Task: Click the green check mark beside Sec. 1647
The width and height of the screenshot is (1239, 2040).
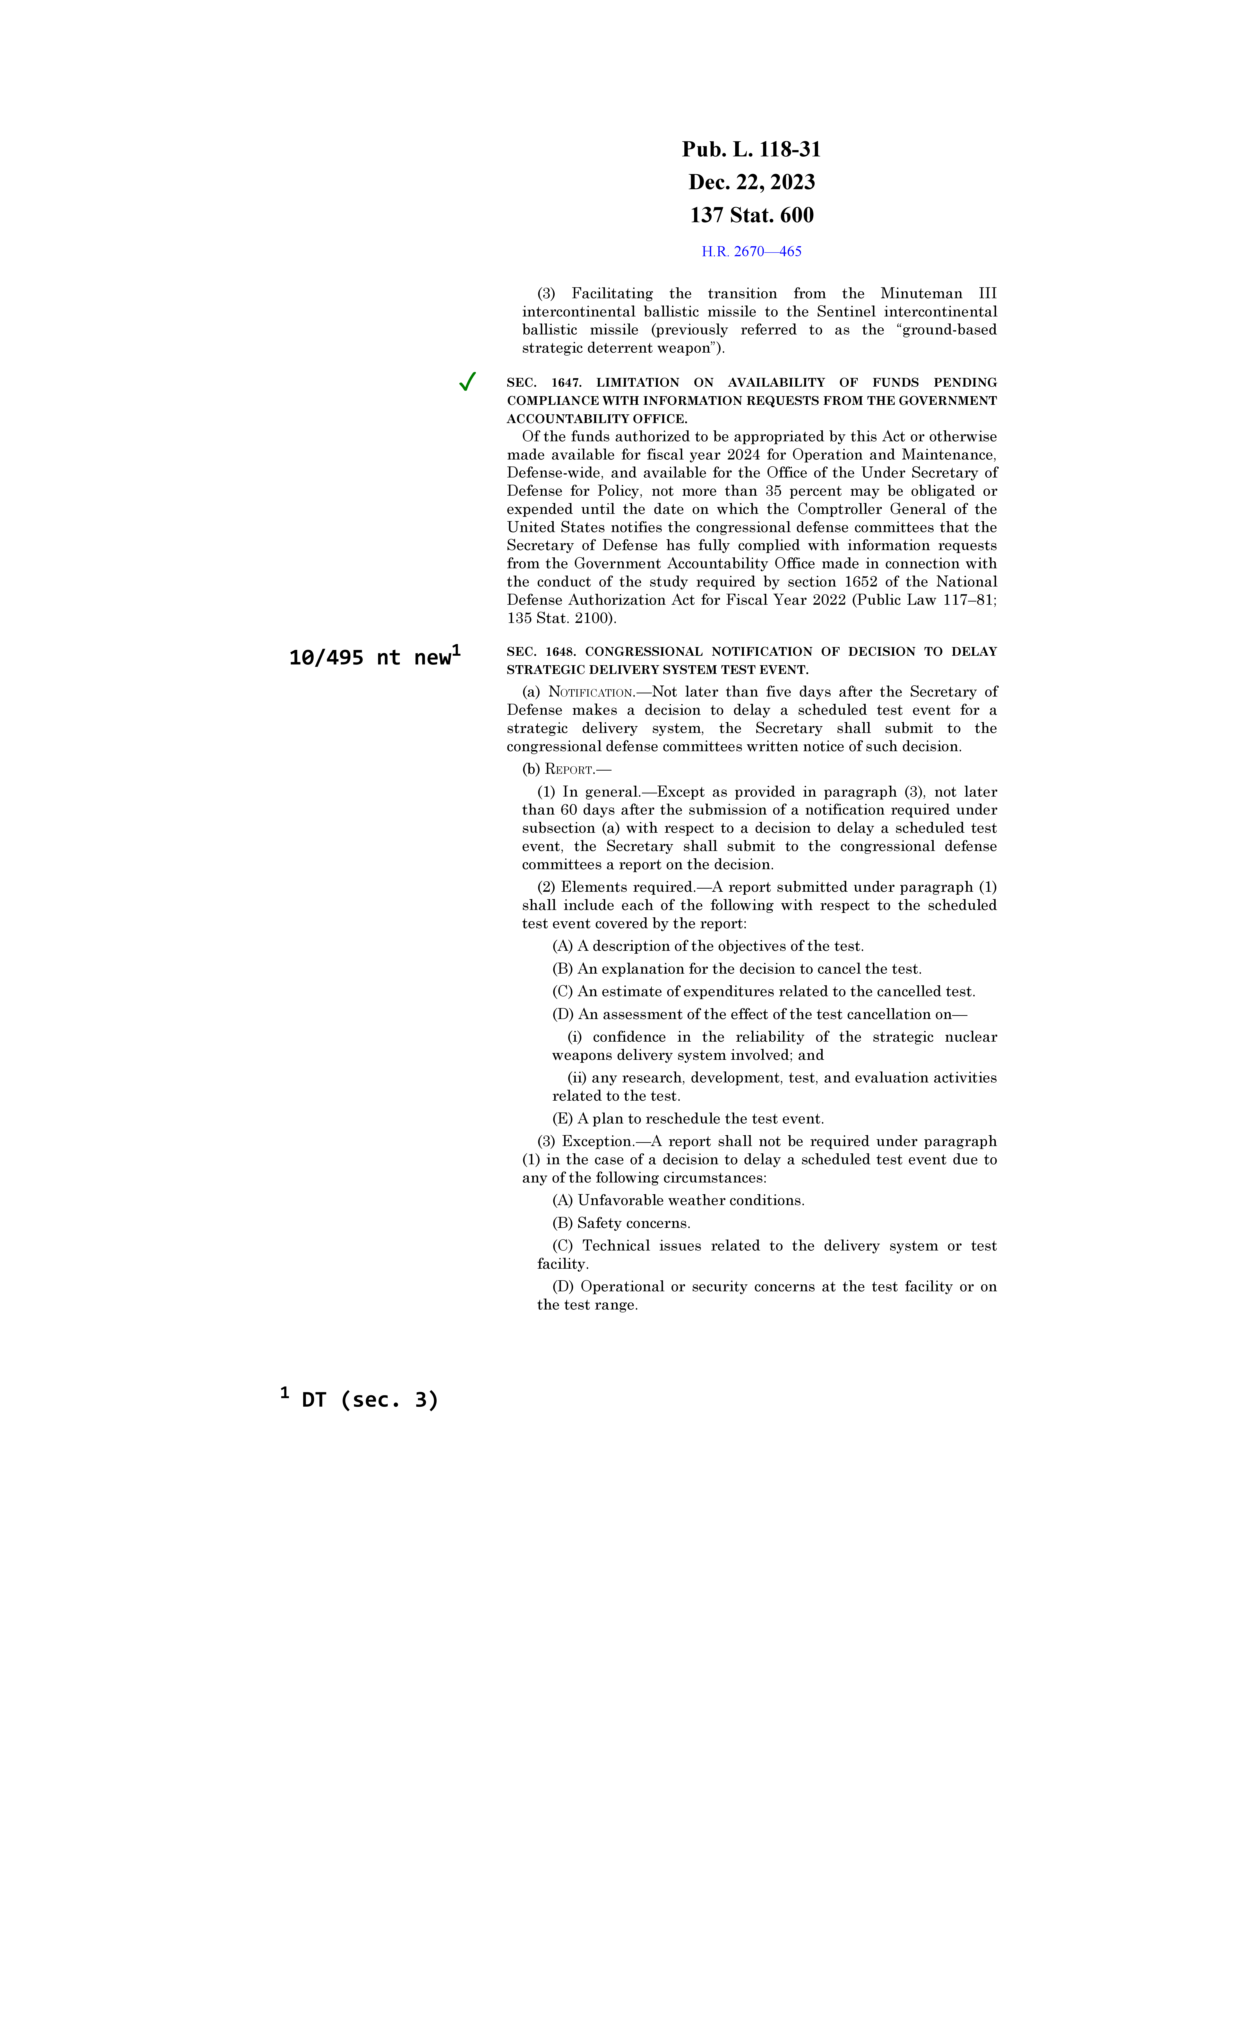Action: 467,382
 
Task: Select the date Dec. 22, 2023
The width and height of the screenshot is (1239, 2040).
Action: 751,182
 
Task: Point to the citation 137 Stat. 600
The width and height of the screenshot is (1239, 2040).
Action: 751,215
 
